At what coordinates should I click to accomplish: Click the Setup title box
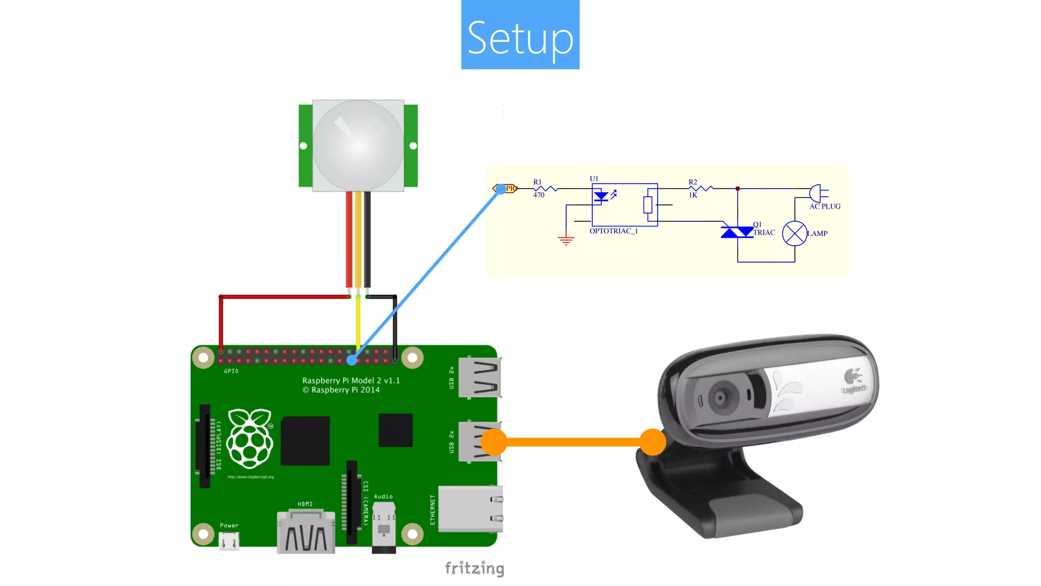(x=520, y=35)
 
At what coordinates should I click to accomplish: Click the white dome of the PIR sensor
(x=358, y=145)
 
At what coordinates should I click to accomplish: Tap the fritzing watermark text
(x=474, y=568)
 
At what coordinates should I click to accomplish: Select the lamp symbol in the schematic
(x=794, y=233)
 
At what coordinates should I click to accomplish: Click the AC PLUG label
(x=824, y=207)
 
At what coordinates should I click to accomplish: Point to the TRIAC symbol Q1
(x=737, y=232)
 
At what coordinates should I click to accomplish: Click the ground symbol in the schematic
(x=566, y=240)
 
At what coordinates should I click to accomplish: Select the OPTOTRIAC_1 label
(x=614, y=231)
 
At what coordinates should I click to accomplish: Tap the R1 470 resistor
(x=545, y=189)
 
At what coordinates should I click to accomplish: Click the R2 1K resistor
(x=700, y=189)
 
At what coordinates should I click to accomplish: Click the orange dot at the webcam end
(x=653, y=442)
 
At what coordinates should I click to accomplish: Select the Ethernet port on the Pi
(x=470, y=509)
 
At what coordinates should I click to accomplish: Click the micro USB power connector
(x=229, y=541)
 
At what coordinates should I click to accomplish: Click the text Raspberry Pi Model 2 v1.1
(x=351, y=380)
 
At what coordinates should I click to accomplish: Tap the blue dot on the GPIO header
(x=352, y=360)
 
